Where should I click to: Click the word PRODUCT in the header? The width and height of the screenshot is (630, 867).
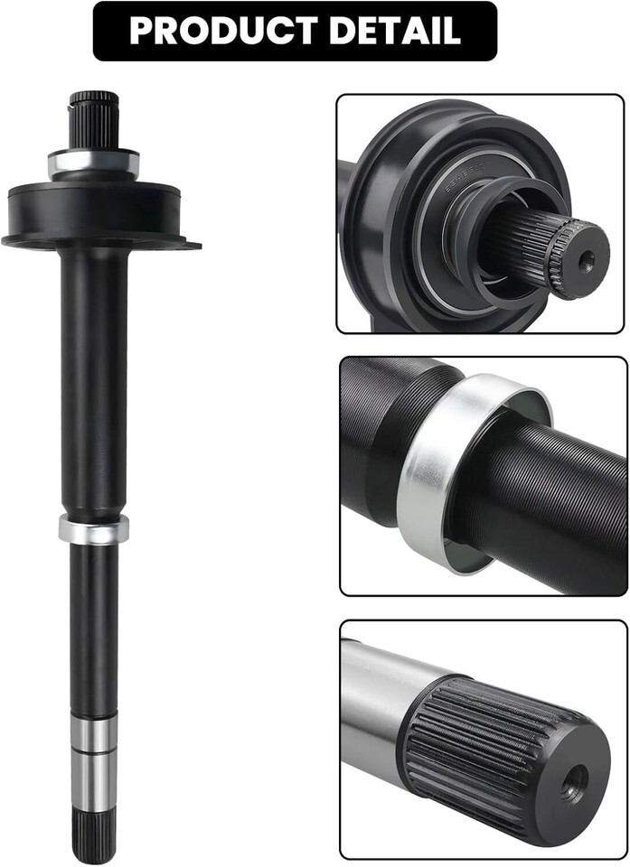223,31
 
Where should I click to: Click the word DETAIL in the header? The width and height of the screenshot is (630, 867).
395,31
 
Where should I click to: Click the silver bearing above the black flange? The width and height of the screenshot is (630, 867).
94,163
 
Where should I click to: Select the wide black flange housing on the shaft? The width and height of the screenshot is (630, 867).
99,216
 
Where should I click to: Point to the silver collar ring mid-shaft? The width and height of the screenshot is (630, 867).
94,529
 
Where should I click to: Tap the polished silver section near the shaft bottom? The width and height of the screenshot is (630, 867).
94,764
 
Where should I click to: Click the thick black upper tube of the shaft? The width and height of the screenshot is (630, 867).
94,381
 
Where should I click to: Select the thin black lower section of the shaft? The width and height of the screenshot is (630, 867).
94,629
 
